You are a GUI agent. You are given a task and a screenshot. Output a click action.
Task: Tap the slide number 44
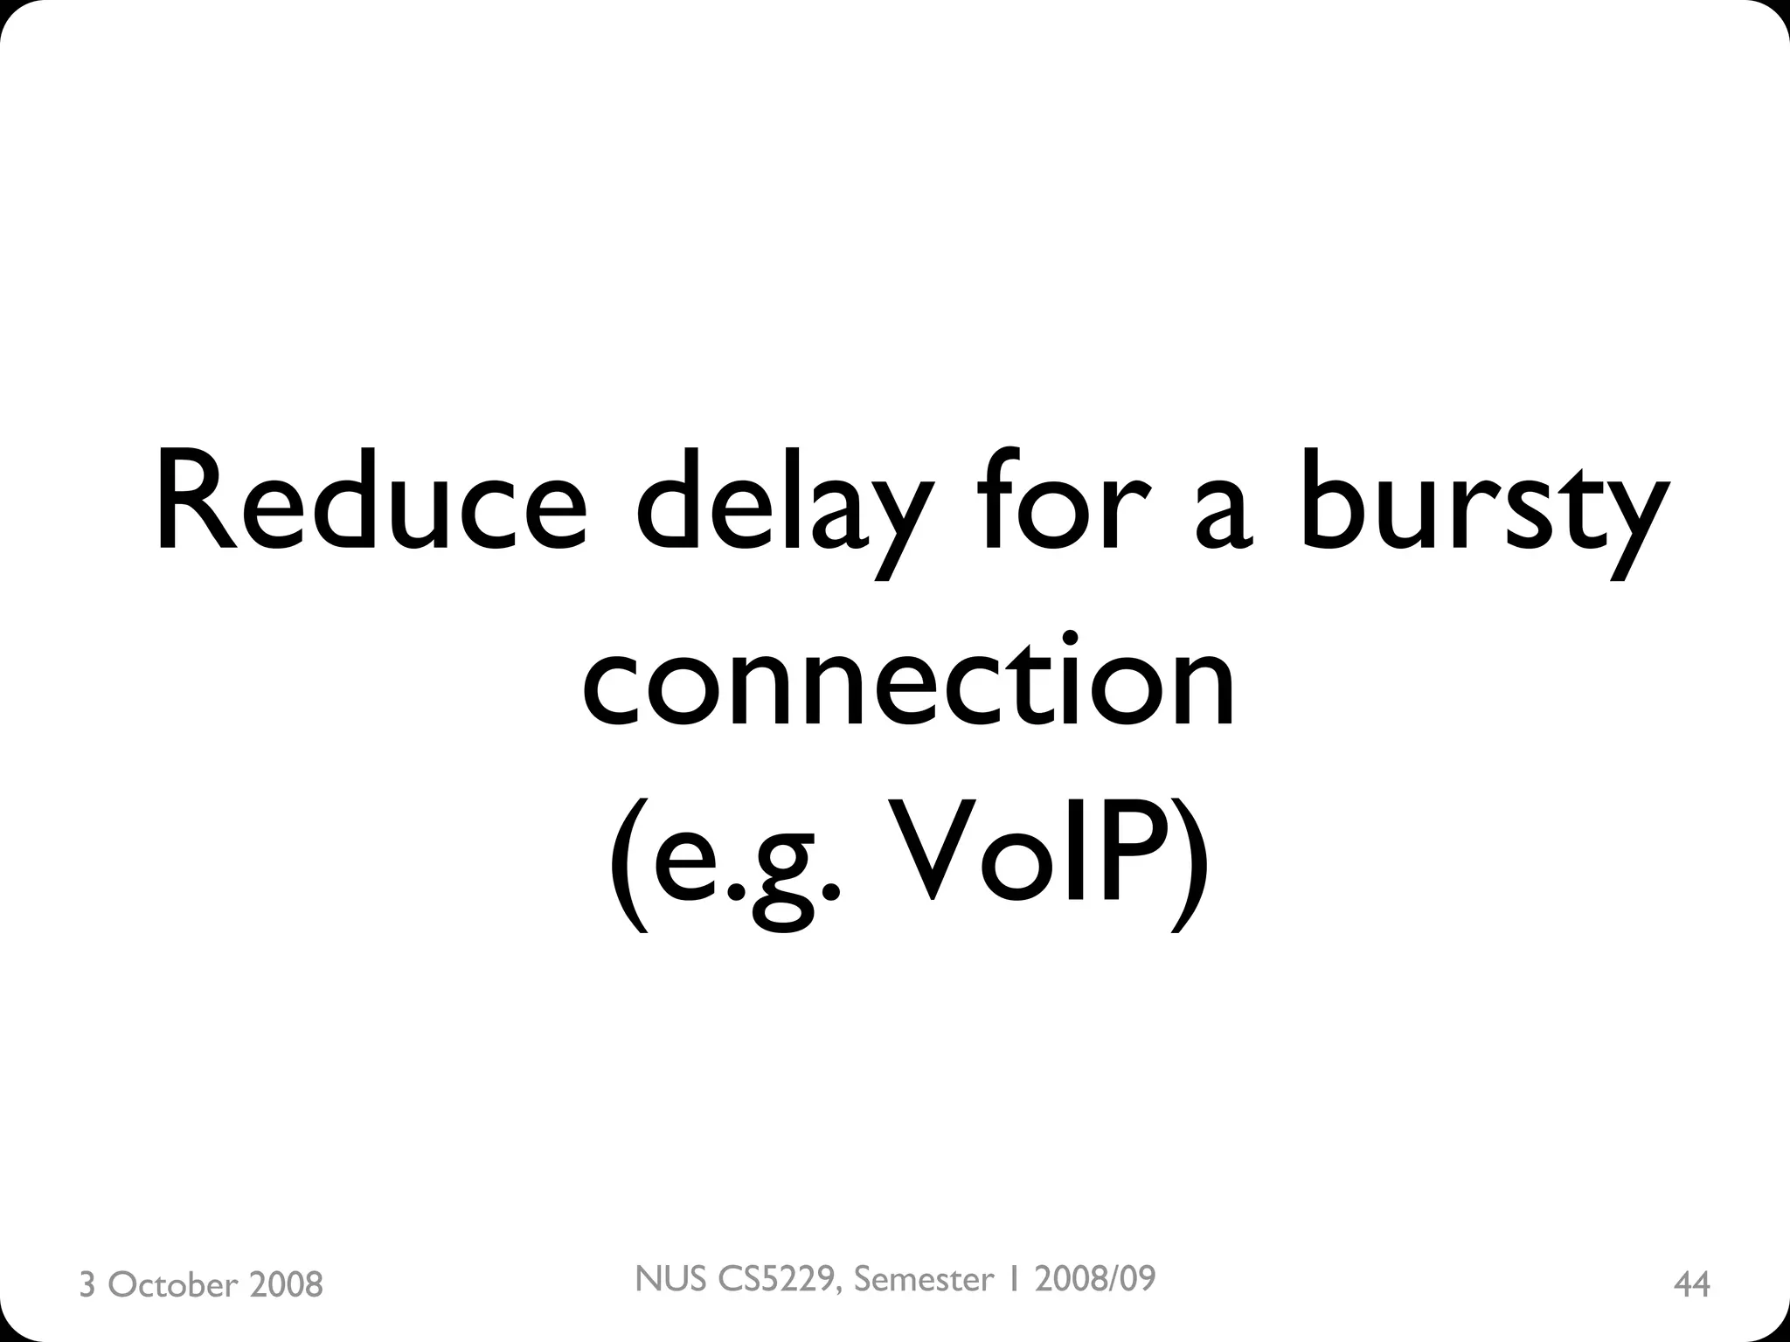(x=1691, y=1284)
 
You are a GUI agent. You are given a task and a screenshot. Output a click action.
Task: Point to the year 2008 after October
(x=286, y=1284)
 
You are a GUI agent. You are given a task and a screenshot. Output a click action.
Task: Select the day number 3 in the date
(x=87, y=1284)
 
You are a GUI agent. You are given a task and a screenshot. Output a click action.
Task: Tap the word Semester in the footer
(x=924, y=1279)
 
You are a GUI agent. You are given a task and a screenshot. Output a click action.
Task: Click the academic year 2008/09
(x=1094, y=1279)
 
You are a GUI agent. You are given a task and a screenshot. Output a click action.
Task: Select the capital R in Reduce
(x=198, y=504)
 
